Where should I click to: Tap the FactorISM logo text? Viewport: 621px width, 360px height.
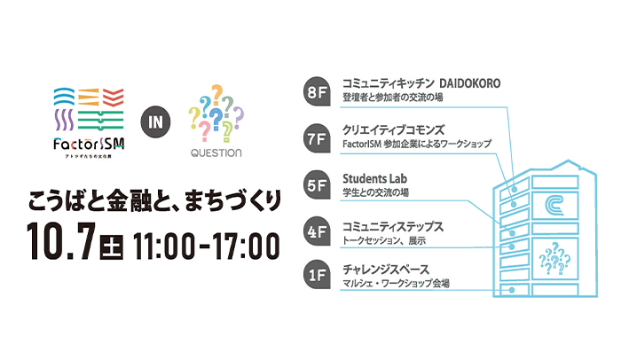click(x=88, y=145)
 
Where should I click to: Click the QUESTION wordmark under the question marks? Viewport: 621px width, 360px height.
click(x=216, y=153)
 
